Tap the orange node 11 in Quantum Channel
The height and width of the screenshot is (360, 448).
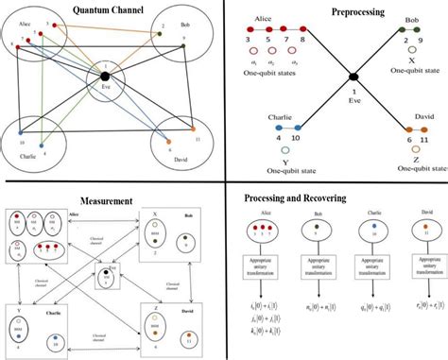[x=194, y=127]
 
